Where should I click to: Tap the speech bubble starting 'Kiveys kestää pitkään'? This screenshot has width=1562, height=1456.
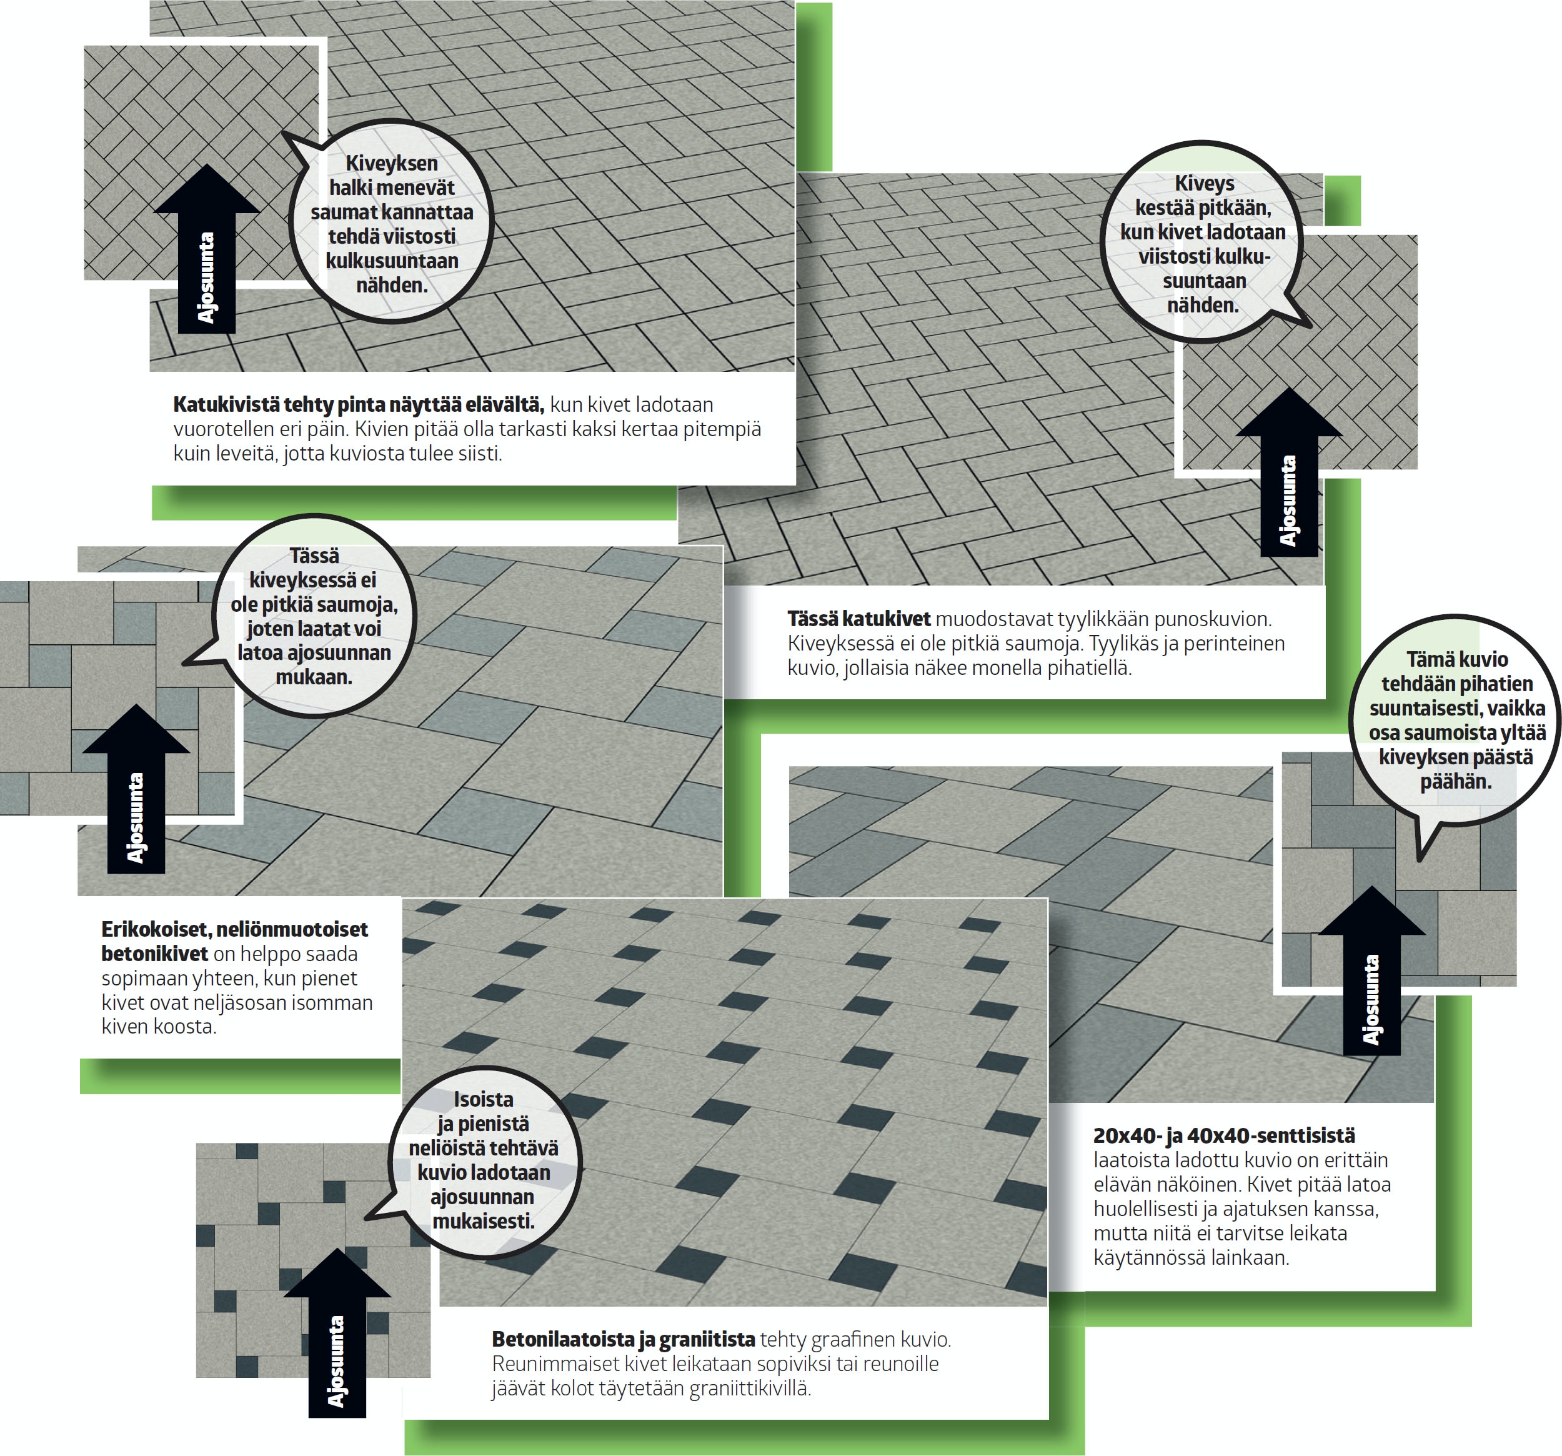(1204, 242)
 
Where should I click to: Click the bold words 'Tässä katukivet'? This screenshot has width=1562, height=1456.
(858, 619)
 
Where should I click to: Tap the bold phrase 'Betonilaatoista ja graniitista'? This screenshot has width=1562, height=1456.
(623, 1339)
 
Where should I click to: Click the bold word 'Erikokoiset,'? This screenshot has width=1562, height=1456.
(156, 930)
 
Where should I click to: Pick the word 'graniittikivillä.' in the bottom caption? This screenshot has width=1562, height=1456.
(750, 1389)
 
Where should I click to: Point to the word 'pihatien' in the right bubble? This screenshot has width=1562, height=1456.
(1498, 684)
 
